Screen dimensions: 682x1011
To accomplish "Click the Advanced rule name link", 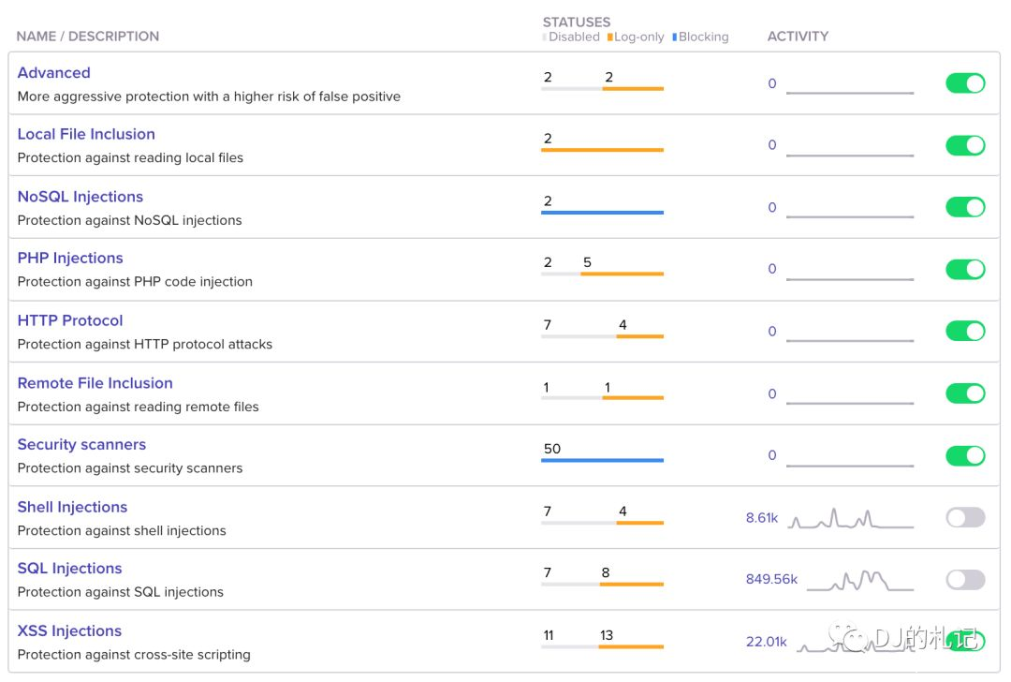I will click(54, 73).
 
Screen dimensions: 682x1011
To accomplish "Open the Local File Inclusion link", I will click(86, 134).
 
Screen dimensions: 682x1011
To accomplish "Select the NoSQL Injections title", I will click(81, 197).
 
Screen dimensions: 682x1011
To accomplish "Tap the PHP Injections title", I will click(70, 258).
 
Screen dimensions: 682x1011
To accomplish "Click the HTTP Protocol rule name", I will click(70, 320).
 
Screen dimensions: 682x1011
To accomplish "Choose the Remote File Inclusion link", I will click(95, 383).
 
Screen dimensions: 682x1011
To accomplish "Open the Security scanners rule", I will click(81, 445).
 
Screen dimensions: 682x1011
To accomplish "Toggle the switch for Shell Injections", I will click(965, 517).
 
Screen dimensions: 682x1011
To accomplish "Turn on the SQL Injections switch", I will click(965, 580).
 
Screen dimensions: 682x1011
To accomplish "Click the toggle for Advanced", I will click(965, 83).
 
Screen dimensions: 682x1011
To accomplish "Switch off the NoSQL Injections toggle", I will click(965, 207).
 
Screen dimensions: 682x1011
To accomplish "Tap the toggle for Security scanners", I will click(965, 455).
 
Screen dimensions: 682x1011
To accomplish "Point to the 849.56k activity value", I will click(771, 579).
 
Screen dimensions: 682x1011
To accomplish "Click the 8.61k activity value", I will click(762, 517).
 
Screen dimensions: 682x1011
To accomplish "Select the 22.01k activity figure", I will click(766, 642).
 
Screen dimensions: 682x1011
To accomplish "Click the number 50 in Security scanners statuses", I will click(552, 449).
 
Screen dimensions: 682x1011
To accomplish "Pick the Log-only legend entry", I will click(638, 37).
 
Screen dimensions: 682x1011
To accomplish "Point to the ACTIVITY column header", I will click(798, 37).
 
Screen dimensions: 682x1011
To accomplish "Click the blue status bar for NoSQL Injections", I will click(602, 213).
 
